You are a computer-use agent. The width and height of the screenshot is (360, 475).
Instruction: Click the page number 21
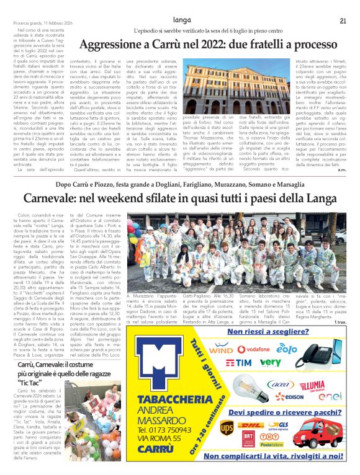pyautogui.click(x=342, y=21)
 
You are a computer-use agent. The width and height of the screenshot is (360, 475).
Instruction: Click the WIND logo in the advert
pyautogui.click(x=218, y=350)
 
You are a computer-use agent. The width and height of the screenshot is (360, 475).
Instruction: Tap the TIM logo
pyautogui.click(x=239, y=362)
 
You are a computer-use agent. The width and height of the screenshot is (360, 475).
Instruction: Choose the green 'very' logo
pyautogui.click(x=270, y=362)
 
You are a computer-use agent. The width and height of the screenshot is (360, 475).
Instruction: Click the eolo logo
pyautogui.click(x=287, y=349)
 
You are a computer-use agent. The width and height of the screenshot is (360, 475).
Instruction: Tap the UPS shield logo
pyautogui.click(x=227, y=427)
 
